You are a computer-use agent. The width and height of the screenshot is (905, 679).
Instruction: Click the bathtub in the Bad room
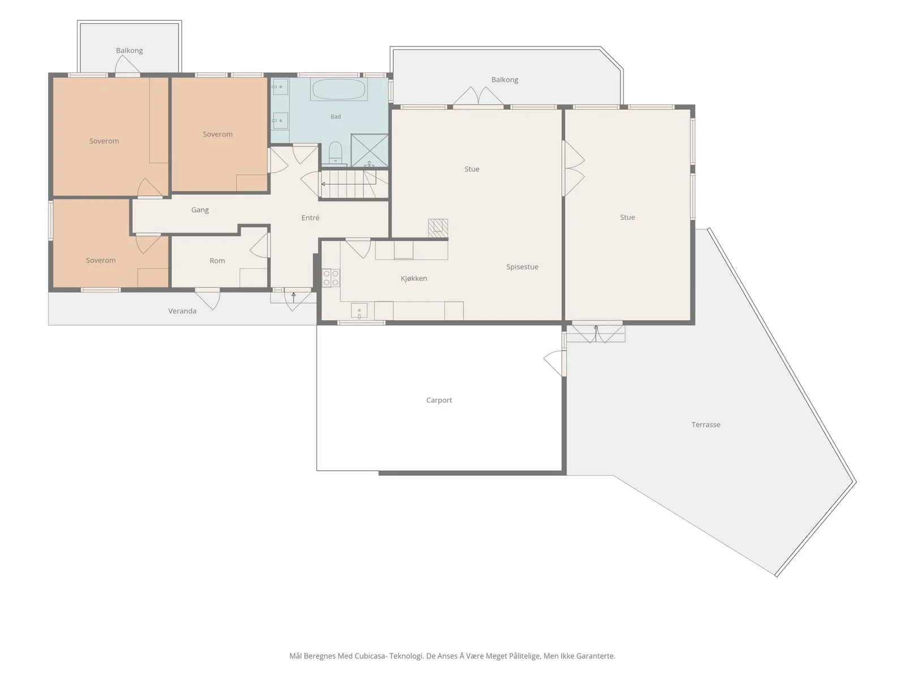338,89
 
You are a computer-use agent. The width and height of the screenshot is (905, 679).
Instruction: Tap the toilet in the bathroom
335,153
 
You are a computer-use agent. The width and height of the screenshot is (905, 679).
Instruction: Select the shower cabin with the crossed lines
369,151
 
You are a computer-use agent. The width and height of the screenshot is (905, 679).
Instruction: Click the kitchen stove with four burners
331,277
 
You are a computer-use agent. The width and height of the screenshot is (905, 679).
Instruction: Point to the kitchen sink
359,311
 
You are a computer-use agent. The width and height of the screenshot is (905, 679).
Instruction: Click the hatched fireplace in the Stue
438,229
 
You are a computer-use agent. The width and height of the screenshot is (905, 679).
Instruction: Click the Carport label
439,400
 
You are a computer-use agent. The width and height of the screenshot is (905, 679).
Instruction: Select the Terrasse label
705,424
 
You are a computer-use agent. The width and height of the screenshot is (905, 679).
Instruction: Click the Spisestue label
522,267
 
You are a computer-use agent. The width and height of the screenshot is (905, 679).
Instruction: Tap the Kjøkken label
413,278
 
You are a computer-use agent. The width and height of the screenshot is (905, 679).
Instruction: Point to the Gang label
200,210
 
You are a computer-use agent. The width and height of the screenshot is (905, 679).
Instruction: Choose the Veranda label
182,311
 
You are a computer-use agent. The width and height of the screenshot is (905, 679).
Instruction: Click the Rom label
217,260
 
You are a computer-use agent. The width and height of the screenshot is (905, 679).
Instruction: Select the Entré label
310,218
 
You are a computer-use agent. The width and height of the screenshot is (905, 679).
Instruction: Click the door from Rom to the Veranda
208,299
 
